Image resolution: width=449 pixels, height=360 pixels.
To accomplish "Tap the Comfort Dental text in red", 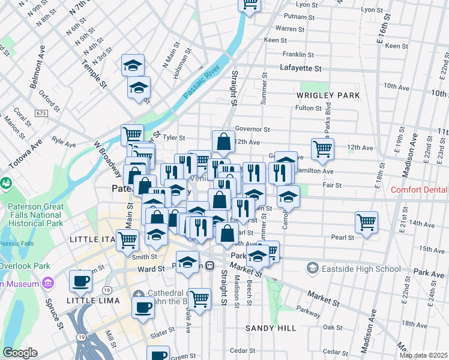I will click(x=419, y=190).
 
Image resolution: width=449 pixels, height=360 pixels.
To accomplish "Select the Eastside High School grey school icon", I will click(x=312, y=268).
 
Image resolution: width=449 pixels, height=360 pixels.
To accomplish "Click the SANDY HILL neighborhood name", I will click(x=271, y=329).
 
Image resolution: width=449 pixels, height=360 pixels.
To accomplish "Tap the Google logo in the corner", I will click(x=20, y=353).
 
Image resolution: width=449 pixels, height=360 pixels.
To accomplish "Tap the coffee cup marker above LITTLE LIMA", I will click(x=80, y=280).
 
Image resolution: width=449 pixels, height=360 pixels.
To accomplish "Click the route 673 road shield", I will click(x=41, y=113).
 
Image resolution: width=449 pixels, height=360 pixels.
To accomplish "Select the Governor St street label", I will click(x=252, y=128).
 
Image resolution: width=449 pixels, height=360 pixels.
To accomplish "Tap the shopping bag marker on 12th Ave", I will click(x=223, y=142).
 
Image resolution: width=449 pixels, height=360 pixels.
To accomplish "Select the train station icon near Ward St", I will click(x=210, y=266).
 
